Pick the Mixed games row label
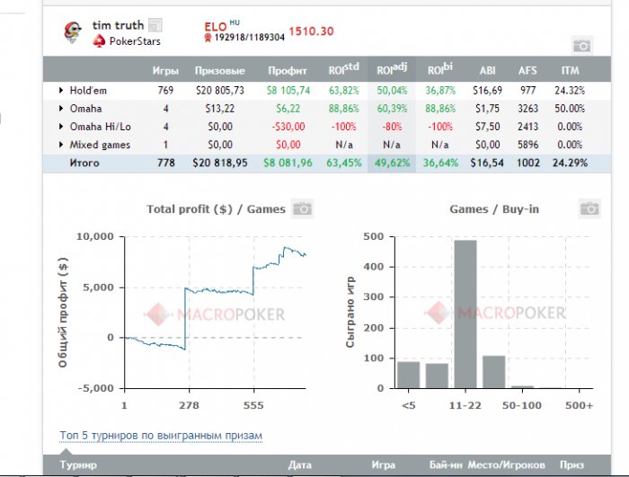point(100,145)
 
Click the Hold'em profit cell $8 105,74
point(288,90)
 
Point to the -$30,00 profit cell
point(288,127)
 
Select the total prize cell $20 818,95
point(219,163)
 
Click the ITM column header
point(570,70)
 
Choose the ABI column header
point(487,70)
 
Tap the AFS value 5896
point(527,145)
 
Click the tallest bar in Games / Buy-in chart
point(465,314)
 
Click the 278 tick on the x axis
point(189,405)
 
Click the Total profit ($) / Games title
point(216,209)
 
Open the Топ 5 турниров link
point(161,436)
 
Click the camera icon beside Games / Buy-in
point(589,209)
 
